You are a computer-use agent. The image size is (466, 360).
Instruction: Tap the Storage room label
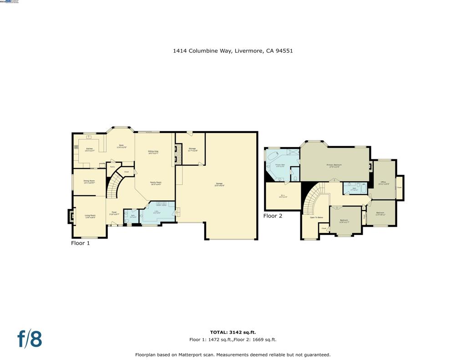(x=192, y=149)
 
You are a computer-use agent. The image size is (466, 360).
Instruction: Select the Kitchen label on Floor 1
(x=90, y=149)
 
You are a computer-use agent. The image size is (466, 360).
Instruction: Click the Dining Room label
(x=89, y=182)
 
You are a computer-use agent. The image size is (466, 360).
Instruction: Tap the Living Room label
(x=90, y=216)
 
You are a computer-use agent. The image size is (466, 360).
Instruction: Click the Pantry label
(x=112, y=167)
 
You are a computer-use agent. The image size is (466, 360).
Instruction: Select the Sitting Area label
(x=153, y=152)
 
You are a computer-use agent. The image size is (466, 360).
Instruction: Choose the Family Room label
(x=156, y=183)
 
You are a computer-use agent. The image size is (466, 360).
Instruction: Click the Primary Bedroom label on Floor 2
(x=334, y=165)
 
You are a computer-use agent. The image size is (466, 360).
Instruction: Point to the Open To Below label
(x=316, y=218)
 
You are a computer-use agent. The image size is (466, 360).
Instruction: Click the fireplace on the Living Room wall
(x=71, y=216)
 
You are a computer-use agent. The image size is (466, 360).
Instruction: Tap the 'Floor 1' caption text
(x=81, y=243)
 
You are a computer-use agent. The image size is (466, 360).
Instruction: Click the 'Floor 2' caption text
(x=273, y=216)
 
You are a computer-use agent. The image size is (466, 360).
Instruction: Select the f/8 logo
(x=30, y=339)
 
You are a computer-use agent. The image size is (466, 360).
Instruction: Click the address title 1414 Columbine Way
(x=233, y=51)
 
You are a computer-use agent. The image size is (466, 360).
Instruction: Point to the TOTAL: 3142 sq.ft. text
(x=233, y=333)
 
